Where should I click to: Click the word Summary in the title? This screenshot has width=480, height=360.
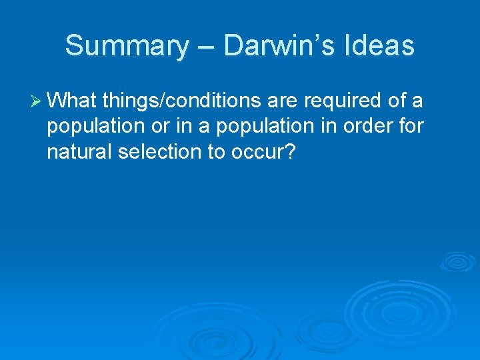tap(127, 46)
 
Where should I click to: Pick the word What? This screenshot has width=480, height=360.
tap(73, 101)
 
